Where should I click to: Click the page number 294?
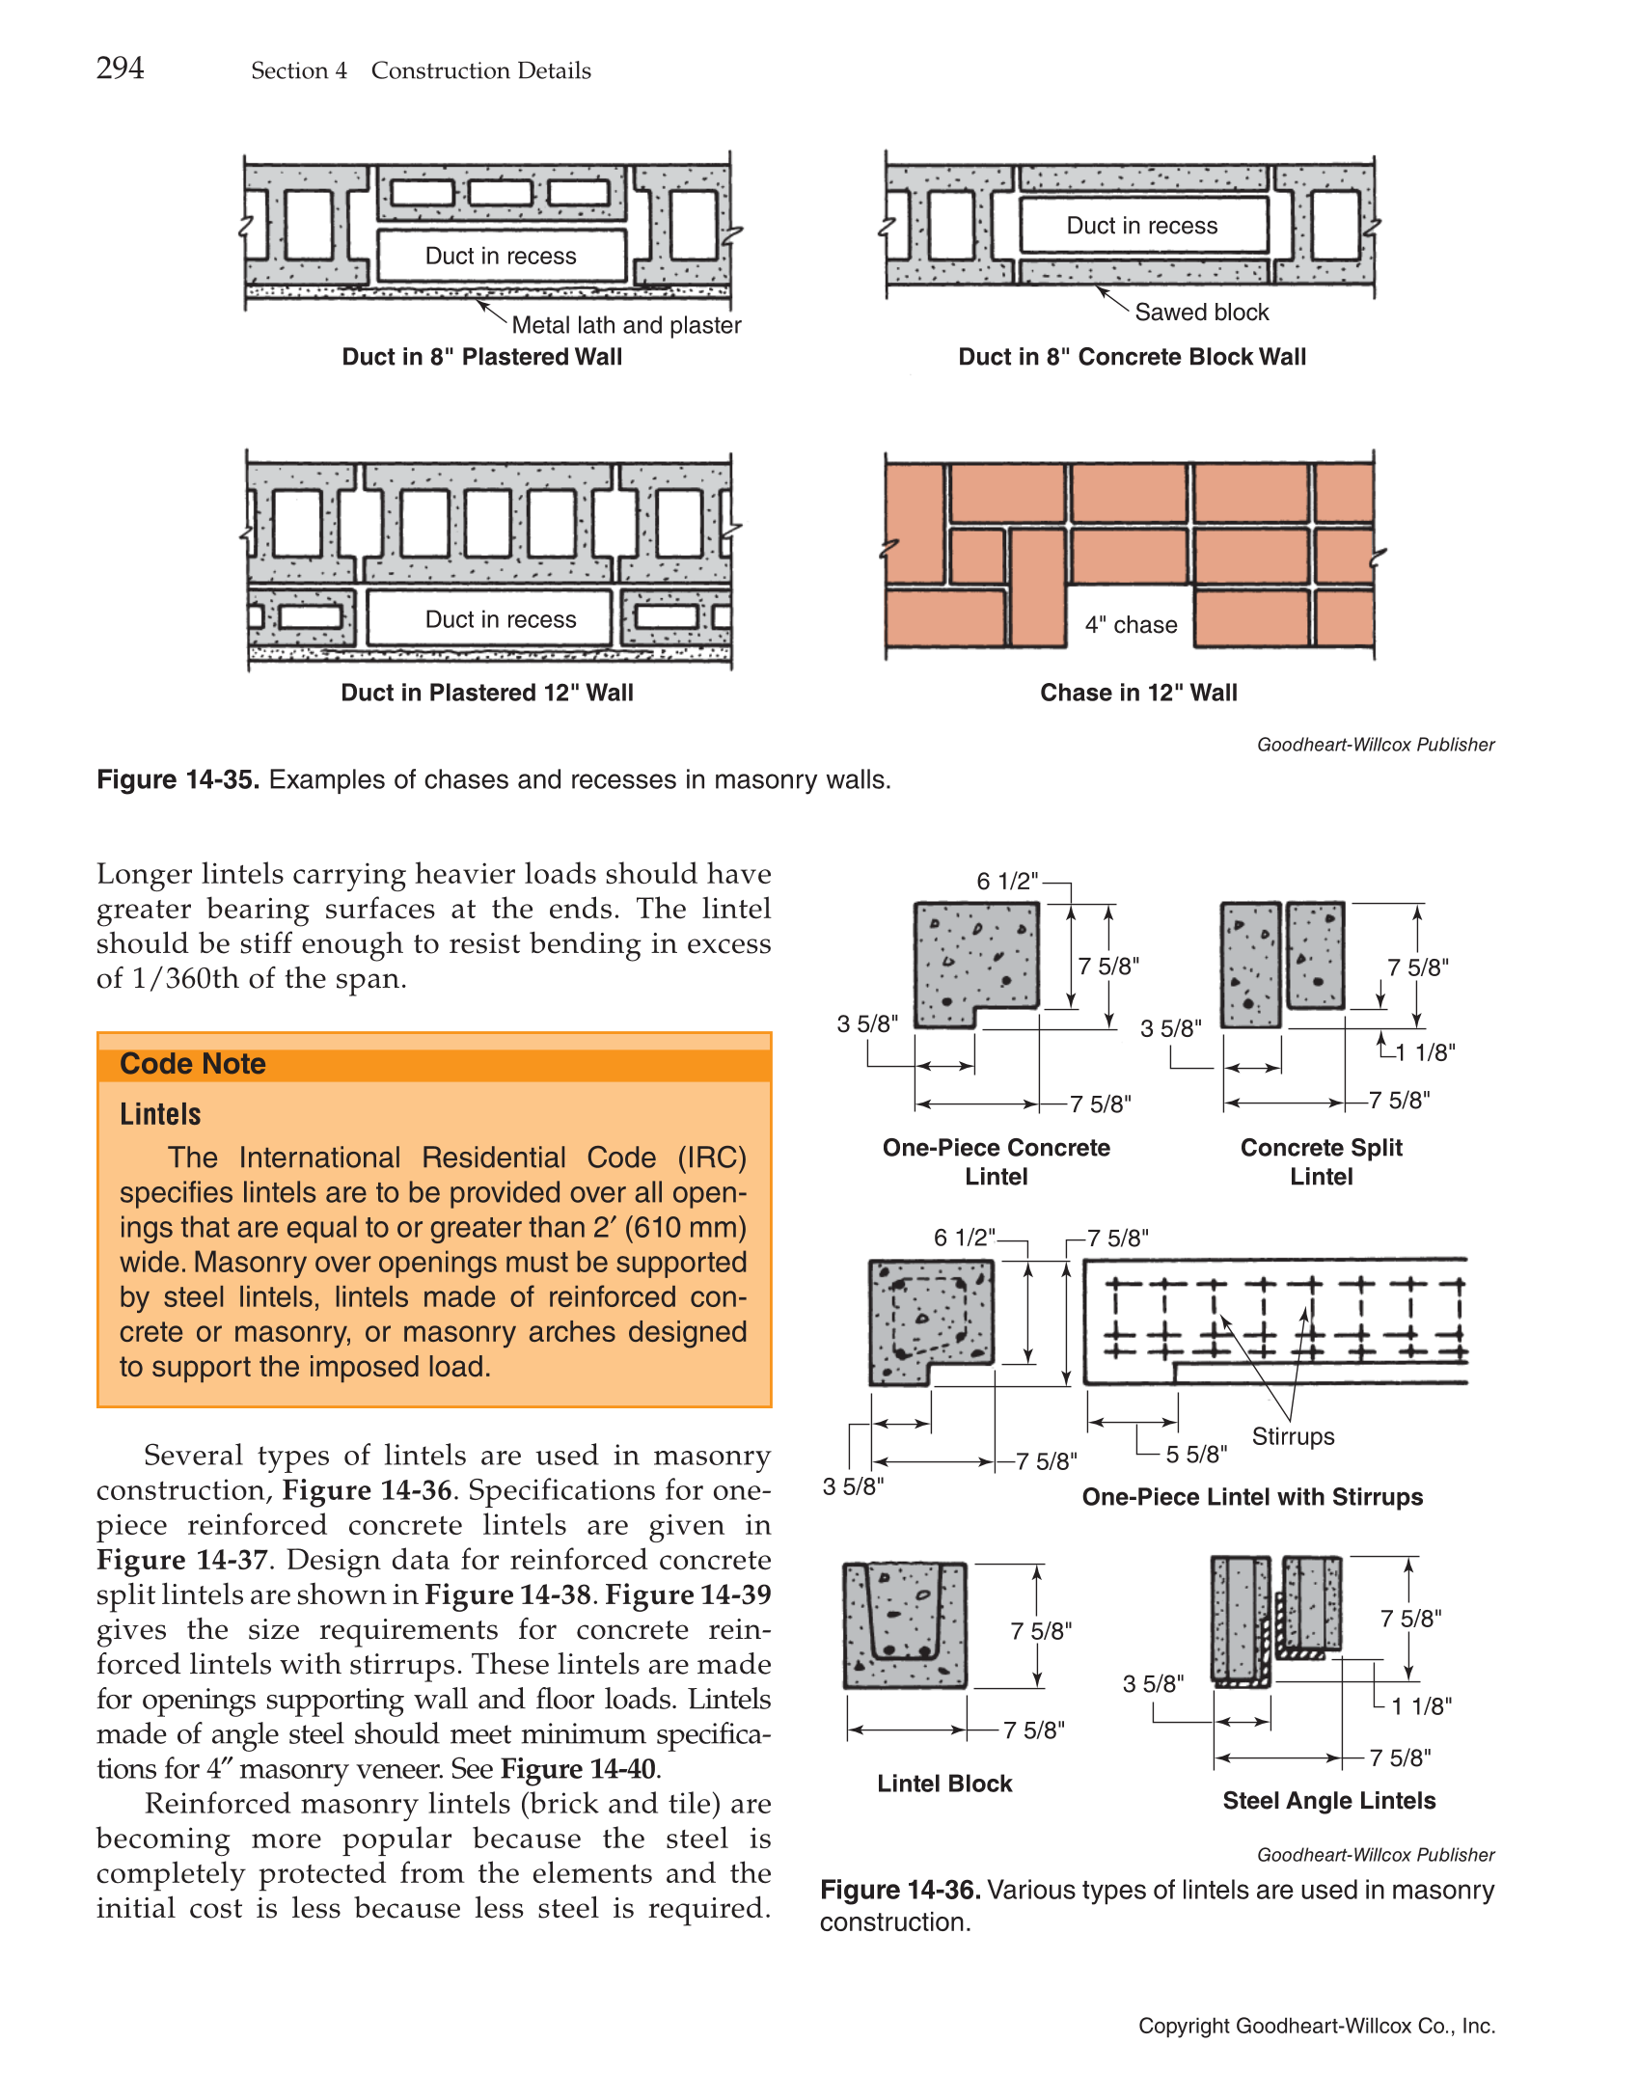120,68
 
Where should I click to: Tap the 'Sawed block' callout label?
1201,312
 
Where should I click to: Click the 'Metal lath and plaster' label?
626,325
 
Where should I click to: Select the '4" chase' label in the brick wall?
1131,625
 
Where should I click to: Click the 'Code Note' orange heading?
193,1064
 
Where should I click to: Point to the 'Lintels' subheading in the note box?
160,1114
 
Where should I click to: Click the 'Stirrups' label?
1293,1436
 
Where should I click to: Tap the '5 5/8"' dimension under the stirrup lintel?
1196,1454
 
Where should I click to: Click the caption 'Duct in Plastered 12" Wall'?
487,693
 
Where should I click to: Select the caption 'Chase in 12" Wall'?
1138,693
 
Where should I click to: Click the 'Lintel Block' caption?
944,1784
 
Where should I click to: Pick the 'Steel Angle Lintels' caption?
1328,1801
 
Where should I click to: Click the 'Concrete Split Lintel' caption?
1321,1161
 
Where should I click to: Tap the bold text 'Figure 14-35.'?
178,779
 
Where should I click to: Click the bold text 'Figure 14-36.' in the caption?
900,1890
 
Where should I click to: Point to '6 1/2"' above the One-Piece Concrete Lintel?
1006,881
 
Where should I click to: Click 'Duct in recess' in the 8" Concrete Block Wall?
1141,226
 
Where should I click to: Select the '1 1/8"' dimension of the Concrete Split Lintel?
1425,1052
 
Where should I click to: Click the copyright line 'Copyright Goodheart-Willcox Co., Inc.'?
1316,2026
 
